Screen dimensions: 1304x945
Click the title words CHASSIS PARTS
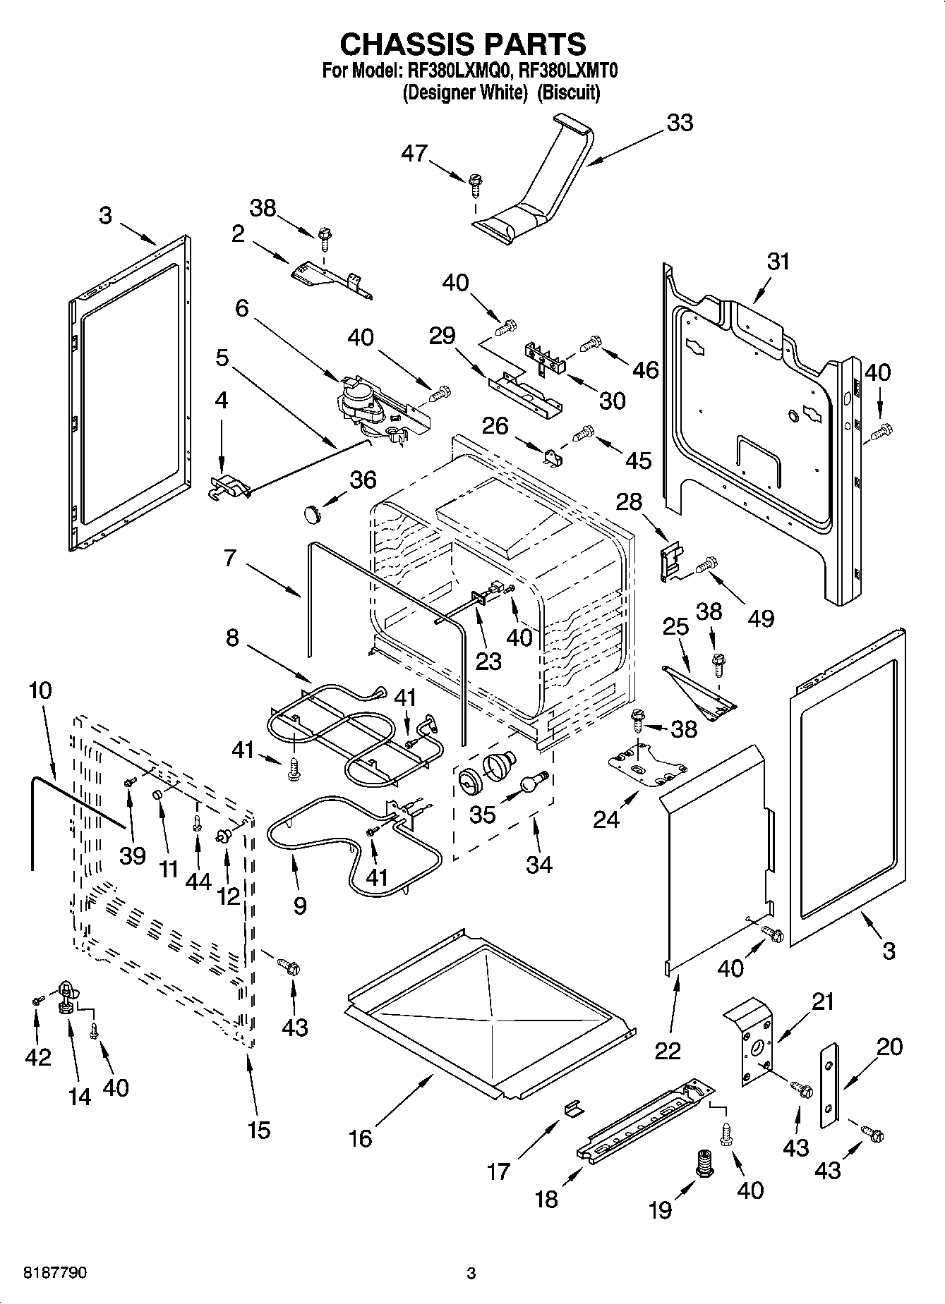coord(463,44)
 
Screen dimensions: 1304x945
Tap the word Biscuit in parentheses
coord(568,92)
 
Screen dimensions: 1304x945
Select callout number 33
coord(680,123)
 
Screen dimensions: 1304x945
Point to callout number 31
coord(778,262)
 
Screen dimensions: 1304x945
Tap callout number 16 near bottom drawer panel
coord(361,1138)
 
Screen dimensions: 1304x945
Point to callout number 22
coord(668,1050)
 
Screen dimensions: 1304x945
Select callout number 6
coord(242,308)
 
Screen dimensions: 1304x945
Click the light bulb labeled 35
coord(535,781)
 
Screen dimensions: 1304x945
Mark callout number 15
coord(259,1131)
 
